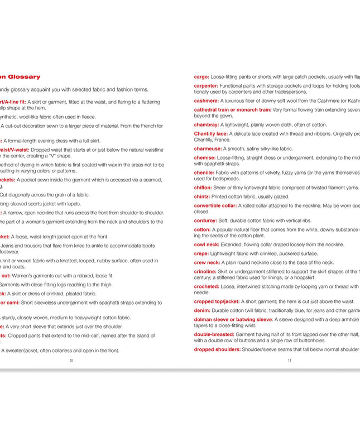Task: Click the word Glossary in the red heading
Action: pyautogui.click(x=23, y=76)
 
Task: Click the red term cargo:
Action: pyautogui.click(x=201, y=76)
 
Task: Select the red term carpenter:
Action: pyautogui.click(x=206, y=86)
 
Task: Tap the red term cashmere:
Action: pyautogui.click(x=207, y=101)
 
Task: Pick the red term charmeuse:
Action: pyautogui.click(x=208, y=149)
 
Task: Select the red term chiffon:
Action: pyautogui.click(x=203, y=188)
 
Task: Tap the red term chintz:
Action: pyautogui.click(x=202, y=196)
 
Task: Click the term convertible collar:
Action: pyautogui.click(x=215, y=205)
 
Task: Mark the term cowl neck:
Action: pyautogui.click(x=207, y=244)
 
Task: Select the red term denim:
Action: pyautogui.click(x=202, y=310)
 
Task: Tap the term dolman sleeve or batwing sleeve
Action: pyautogui.click(x=233, y=320)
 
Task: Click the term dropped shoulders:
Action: pyautogui.click(x=217, y=349)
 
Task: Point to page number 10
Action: pyautogui.click(x=71, y=361)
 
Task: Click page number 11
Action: pyautogui.click(x=290, y=361)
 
